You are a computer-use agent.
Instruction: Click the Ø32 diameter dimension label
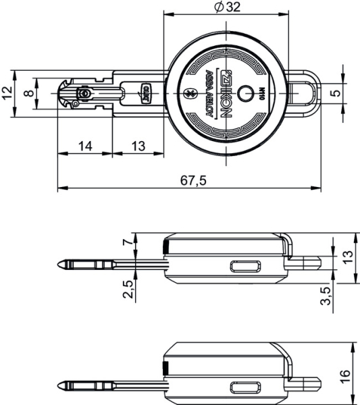click(x=226, y=7)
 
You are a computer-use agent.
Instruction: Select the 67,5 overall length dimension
click(x=194, y=180)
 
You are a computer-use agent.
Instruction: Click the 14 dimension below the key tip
click(x=84, y=146)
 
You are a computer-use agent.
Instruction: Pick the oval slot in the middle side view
click(x=244, y=266)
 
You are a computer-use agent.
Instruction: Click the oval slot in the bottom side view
click(x=244, y=387)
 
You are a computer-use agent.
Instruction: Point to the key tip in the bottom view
click(x=63, y=386)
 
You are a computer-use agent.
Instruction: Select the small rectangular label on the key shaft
click(x=145, y=93)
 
